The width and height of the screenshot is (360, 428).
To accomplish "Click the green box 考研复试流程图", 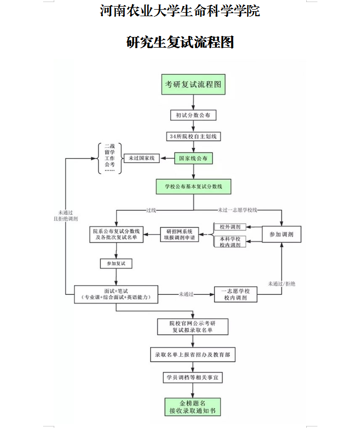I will [193, 85].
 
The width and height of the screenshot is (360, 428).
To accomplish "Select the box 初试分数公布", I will [193, 115].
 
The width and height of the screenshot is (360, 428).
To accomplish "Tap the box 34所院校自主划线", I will [193, 137].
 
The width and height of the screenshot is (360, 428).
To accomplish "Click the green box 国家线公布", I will [193, 159].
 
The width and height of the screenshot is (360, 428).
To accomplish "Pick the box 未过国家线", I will [142, 159].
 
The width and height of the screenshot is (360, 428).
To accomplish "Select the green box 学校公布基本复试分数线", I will [193, 186].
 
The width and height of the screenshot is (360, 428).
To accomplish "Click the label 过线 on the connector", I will [151, 209].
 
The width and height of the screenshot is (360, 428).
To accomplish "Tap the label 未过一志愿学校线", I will [238, 209].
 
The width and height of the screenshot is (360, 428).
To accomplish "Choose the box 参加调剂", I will [281, 234].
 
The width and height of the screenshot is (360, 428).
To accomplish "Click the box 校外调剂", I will [230, 226].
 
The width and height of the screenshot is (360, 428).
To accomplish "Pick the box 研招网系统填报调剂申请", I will [179, 234].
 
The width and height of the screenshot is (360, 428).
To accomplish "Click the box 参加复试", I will [116, 264].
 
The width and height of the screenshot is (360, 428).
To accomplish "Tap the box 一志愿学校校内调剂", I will [235, 294].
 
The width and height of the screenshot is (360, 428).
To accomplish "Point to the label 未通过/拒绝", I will [282, 284].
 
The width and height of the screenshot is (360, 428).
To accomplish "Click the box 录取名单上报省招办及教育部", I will [193, 355].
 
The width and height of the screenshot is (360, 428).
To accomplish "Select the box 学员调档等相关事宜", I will [193, 378].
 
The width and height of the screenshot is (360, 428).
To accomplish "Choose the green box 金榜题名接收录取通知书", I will [193, 407].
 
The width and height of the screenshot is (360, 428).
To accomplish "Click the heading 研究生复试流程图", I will [180, 42].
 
